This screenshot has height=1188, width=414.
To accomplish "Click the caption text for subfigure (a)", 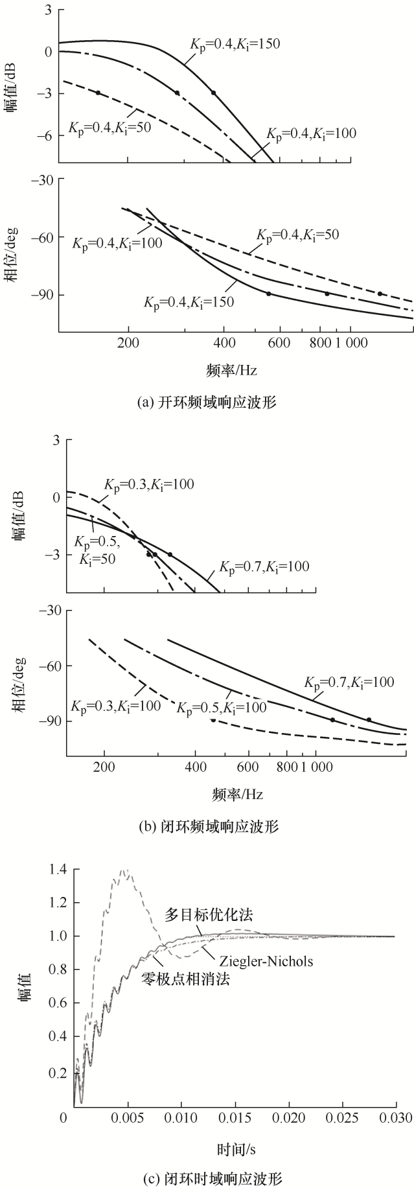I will point(207,402).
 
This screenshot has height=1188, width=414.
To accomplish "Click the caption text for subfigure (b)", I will point(209,828).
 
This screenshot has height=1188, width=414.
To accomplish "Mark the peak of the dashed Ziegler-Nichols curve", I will point(125,870).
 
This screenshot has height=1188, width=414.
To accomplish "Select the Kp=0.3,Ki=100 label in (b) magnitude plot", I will point(149,484).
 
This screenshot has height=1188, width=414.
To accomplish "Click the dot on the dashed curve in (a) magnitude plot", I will point(98,93).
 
